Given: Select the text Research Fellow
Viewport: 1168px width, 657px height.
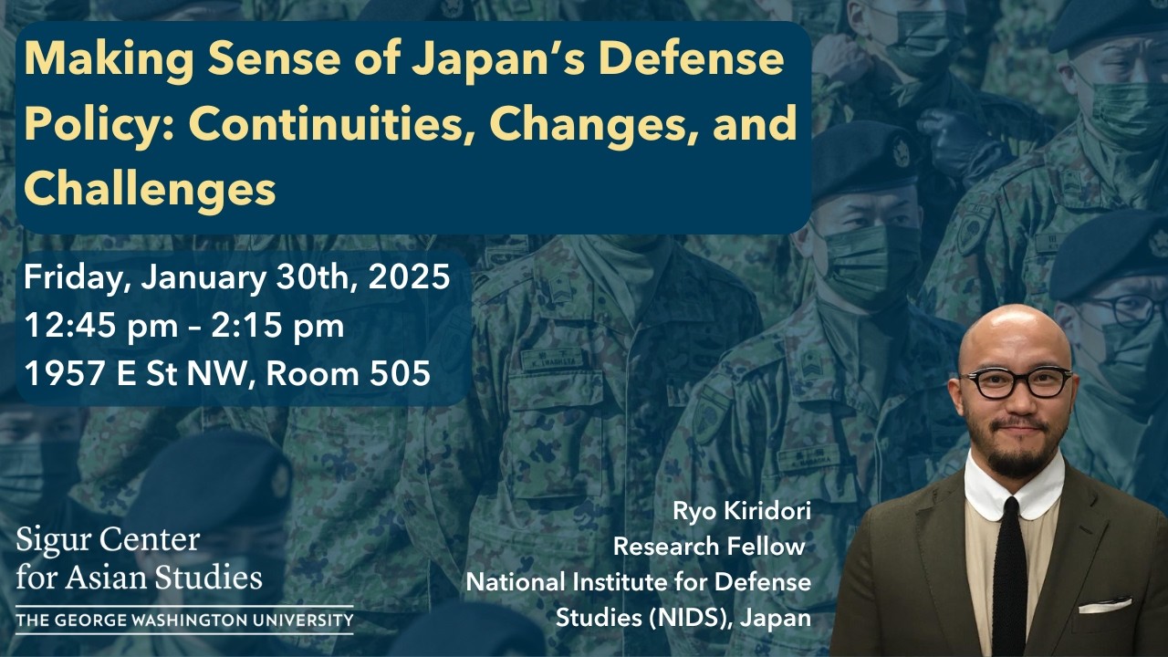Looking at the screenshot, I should point(709,547).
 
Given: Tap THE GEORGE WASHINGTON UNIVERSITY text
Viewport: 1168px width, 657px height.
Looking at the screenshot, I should point(183,621).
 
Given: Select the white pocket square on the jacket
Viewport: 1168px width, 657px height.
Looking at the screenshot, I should point(1104,605).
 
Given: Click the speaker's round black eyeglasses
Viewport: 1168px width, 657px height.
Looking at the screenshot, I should point(1017,382).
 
